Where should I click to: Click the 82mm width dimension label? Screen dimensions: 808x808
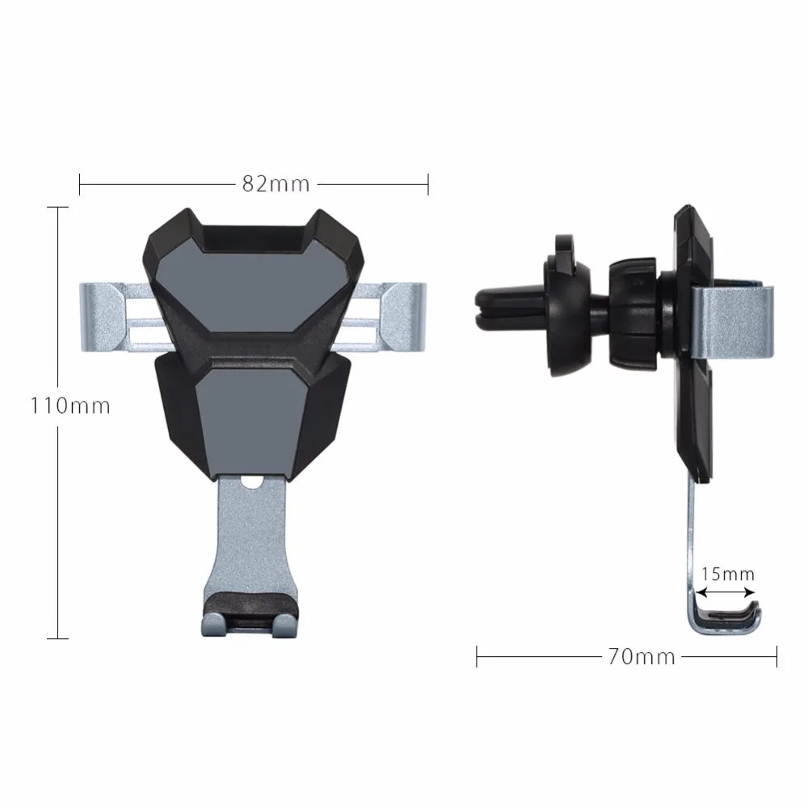tap(276, 183)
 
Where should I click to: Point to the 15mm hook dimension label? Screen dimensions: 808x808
tap(727, 574)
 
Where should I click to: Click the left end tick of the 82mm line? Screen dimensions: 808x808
tap(79, 183)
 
